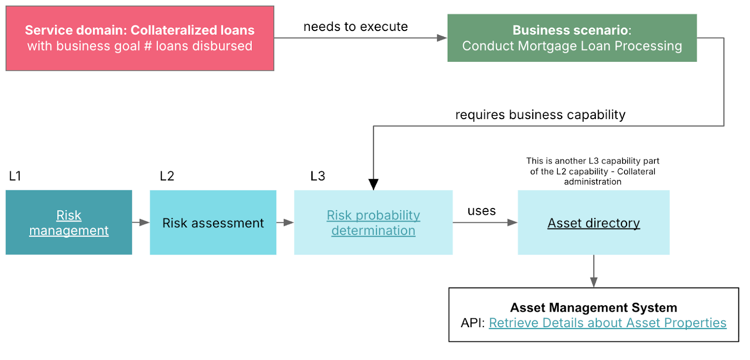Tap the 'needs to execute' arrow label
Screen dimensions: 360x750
click(x=355, y=27)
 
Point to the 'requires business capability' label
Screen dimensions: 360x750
click(x=540, y=115)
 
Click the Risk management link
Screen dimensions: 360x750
click(x=69, y=223)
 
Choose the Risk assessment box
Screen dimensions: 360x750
click(x=213, y=223)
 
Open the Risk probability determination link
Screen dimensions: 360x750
click(x=373, y=223)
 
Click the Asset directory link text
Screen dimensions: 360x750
click(x=593, y=223)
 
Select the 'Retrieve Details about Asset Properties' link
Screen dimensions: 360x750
click(x=607, y=323)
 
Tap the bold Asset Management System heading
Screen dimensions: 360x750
click(x=593, y=307)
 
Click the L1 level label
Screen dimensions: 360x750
click(x=15, y=176)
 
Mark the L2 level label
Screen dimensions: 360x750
click(x=167, y=176)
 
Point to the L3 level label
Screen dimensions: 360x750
click(x=318, y=176)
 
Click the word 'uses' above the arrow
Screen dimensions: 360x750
click(x=481, y=211)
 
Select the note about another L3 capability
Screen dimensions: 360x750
click(x=592, y=171)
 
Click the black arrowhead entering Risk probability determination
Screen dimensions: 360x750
click(x=374, y=184)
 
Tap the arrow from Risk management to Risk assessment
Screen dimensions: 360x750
click(x=141, y=222)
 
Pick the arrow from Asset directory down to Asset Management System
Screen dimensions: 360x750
click(x=594, y=272)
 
